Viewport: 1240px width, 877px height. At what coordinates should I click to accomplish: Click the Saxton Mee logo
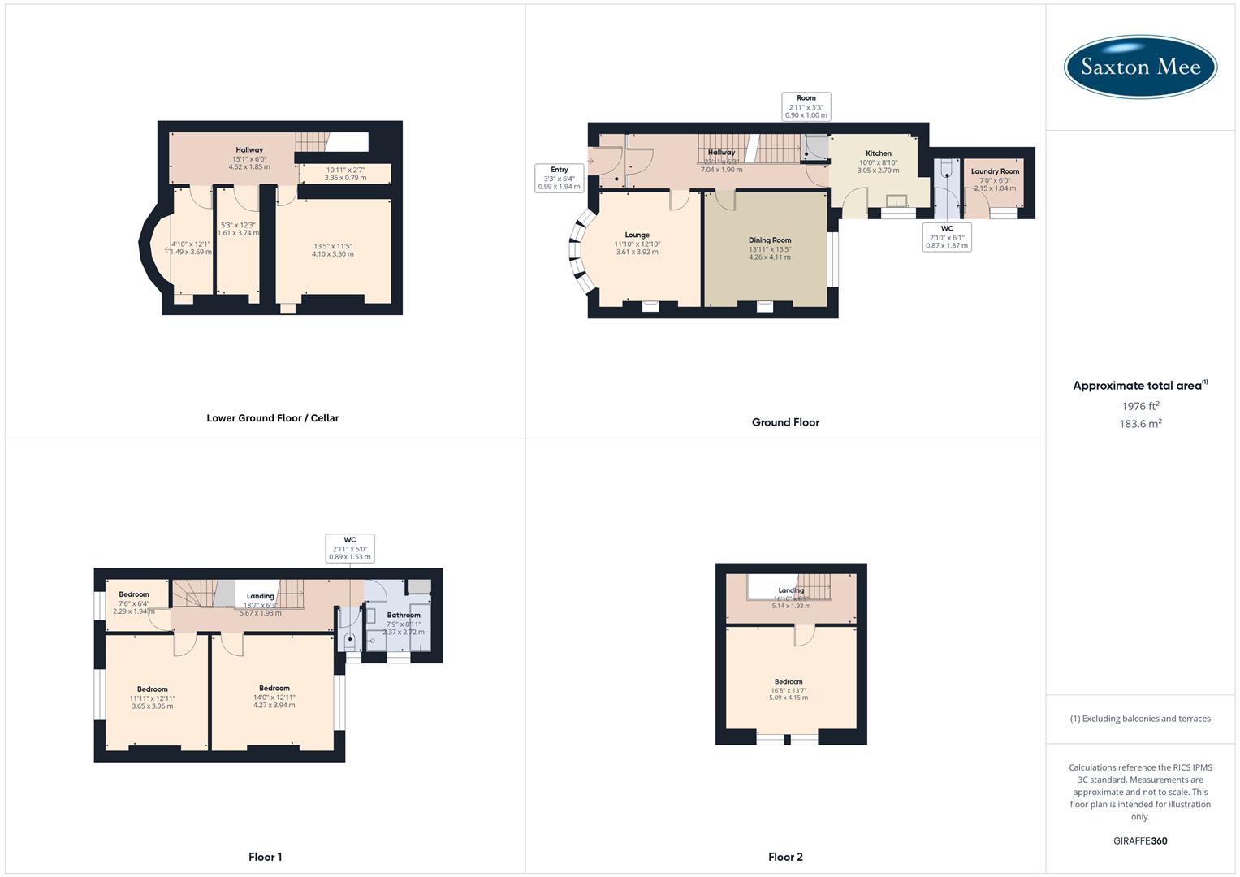[x=1140, y=67]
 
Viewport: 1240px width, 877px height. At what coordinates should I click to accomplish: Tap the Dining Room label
[x=769, y=240]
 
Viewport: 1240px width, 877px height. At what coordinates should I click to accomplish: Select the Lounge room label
[x=637, y=235]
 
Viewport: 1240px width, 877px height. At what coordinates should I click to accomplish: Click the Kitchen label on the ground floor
[x=878, y=153]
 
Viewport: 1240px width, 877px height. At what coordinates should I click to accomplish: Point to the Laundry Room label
[x=995, y=171]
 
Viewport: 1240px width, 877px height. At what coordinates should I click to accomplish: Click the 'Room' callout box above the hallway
[x=806, y=106]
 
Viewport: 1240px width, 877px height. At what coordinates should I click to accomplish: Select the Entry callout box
[x=559, y=178]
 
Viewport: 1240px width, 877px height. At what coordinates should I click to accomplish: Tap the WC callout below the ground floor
[x=947, y=237]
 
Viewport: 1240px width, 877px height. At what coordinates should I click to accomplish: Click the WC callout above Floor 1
[x=350, y=548]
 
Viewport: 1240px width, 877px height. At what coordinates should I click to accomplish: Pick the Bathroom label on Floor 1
[x=403, y=616]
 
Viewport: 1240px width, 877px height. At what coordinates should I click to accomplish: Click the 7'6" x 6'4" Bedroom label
[x=134, y=603]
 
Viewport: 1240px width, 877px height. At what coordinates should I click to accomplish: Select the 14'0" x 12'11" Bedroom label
[x=274, y=697]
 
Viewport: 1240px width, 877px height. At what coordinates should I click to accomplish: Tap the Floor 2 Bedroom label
[x=789, y=682]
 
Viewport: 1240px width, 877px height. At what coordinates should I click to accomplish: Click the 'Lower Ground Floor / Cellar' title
[x=273, y=418]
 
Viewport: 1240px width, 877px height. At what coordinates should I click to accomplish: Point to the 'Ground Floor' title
[x=785, y=422]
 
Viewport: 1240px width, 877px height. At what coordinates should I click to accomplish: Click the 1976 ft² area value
[x=1140, y=406]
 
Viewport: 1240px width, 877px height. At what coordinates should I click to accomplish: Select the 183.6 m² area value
[x=1140, y=424]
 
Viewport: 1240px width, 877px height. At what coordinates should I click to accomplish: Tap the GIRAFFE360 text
[x=1140, y=841]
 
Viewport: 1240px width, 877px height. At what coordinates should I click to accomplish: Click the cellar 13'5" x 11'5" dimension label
[x=333, y=250]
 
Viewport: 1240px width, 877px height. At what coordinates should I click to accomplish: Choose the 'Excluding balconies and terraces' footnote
[x=1140, y=719]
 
